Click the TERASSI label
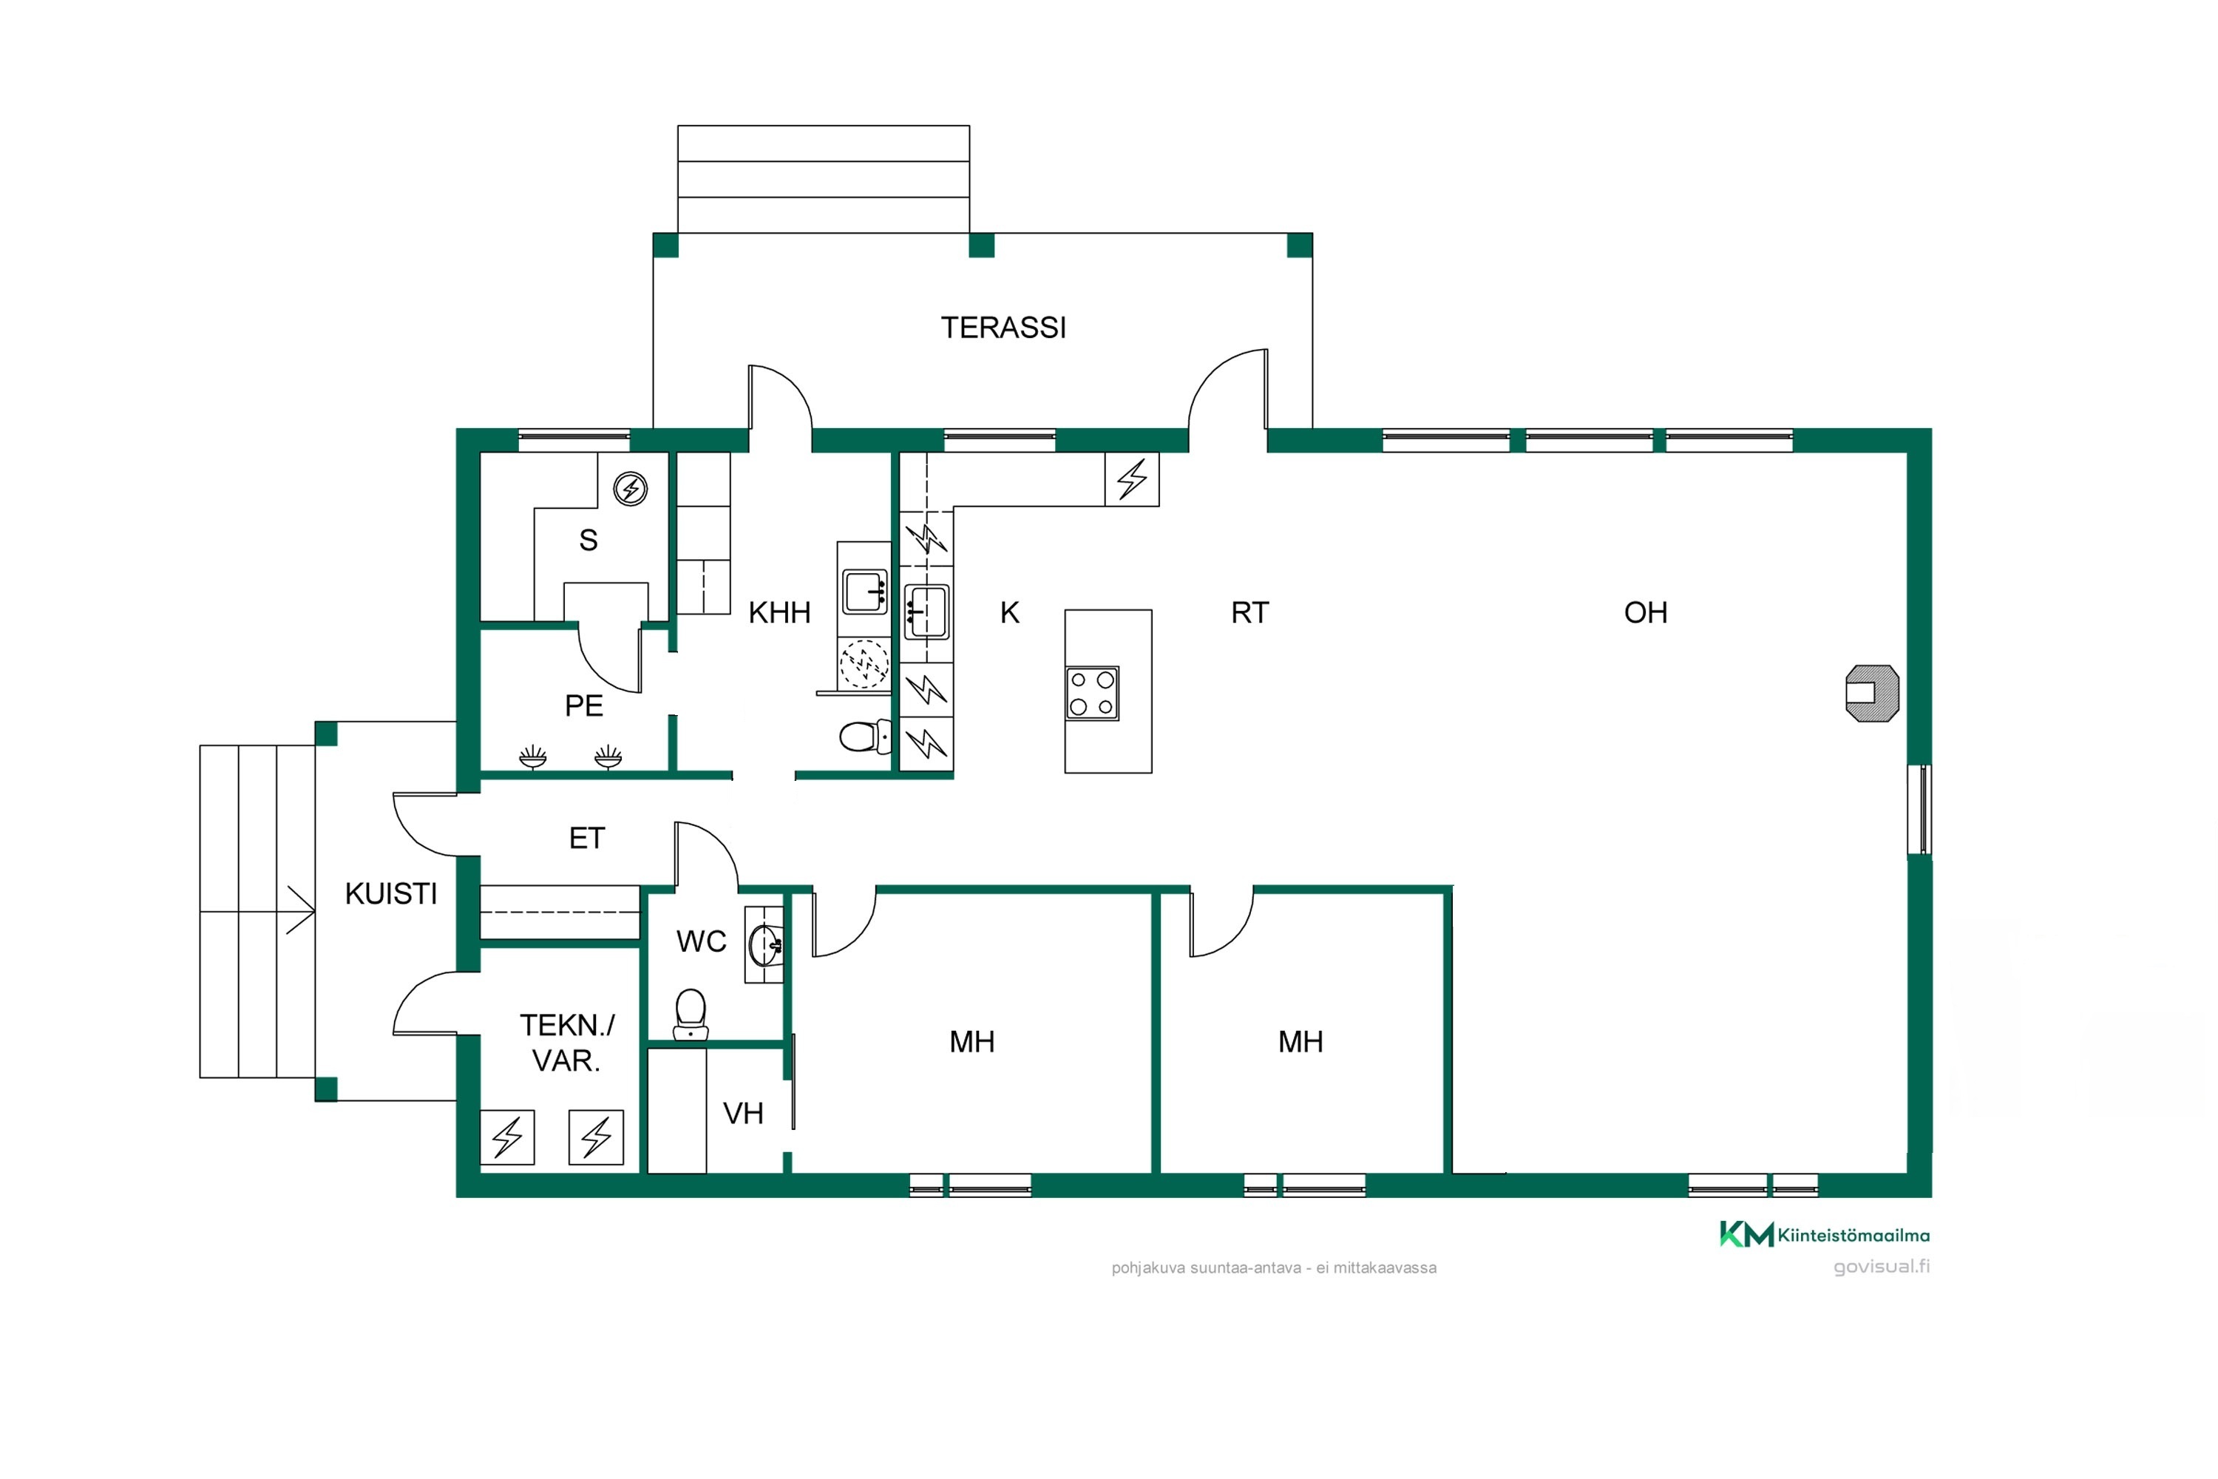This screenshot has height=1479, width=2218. point(1003,328)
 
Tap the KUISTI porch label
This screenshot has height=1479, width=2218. point(390,893)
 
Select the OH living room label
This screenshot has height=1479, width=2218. point(1646,613)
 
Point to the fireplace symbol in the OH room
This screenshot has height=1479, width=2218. point(1872,694)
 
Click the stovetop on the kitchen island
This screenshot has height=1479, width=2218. point(1092,694)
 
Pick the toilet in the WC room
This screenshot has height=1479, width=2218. point(691,1014)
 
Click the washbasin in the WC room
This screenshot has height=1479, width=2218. point(764,944)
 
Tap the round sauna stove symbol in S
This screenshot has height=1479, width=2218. point(631,490)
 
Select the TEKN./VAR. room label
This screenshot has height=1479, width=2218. point(567,1042)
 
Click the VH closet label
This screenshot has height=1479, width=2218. point(743,1113)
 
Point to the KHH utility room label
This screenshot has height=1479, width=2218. point(779,613)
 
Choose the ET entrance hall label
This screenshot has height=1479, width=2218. point(586,838)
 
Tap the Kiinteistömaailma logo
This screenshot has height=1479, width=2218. point(1824,1233)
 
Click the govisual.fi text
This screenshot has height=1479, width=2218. point(1882,1266)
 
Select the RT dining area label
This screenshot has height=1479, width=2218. point(1249,613)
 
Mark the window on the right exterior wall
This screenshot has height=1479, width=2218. point(1919,809)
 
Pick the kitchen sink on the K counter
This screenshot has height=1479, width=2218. point(927,612)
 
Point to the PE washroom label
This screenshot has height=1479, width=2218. point(584,705)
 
